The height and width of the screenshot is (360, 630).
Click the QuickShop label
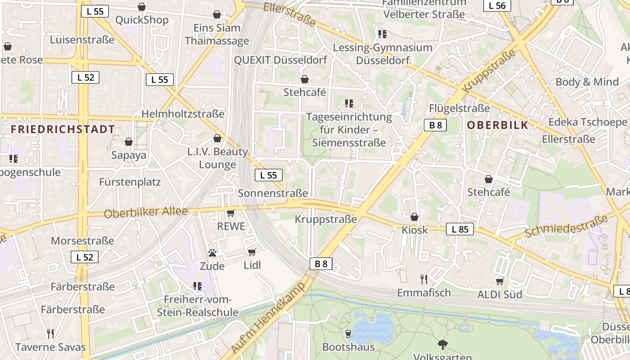[142, 20]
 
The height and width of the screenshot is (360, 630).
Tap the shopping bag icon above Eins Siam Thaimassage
[217, 14]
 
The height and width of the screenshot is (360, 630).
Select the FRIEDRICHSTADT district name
[63, 130]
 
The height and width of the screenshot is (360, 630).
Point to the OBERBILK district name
[497, 125]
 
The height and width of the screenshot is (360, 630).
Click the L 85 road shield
[460, 229]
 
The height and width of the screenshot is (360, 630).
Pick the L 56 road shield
[497, 5]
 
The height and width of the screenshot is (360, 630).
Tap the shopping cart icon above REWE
[231, 213]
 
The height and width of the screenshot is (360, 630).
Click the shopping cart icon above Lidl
[252, 252]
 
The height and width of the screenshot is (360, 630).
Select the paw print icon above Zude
[212, 253]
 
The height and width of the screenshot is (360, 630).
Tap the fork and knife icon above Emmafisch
[423, 279]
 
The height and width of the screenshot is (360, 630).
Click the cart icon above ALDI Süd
[499, 281]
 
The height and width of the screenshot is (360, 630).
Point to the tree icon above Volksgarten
[442, 345]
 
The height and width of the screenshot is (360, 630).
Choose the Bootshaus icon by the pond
[348, 333]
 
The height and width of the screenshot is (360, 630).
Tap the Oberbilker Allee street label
[145, 212]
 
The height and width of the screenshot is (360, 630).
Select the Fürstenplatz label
[130, 182]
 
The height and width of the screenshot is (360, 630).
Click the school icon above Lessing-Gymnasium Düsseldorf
[382, 34]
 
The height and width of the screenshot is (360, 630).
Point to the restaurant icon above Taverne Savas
[50, 333]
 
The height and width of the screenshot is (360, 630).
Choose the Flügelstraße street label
[459, 108]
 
